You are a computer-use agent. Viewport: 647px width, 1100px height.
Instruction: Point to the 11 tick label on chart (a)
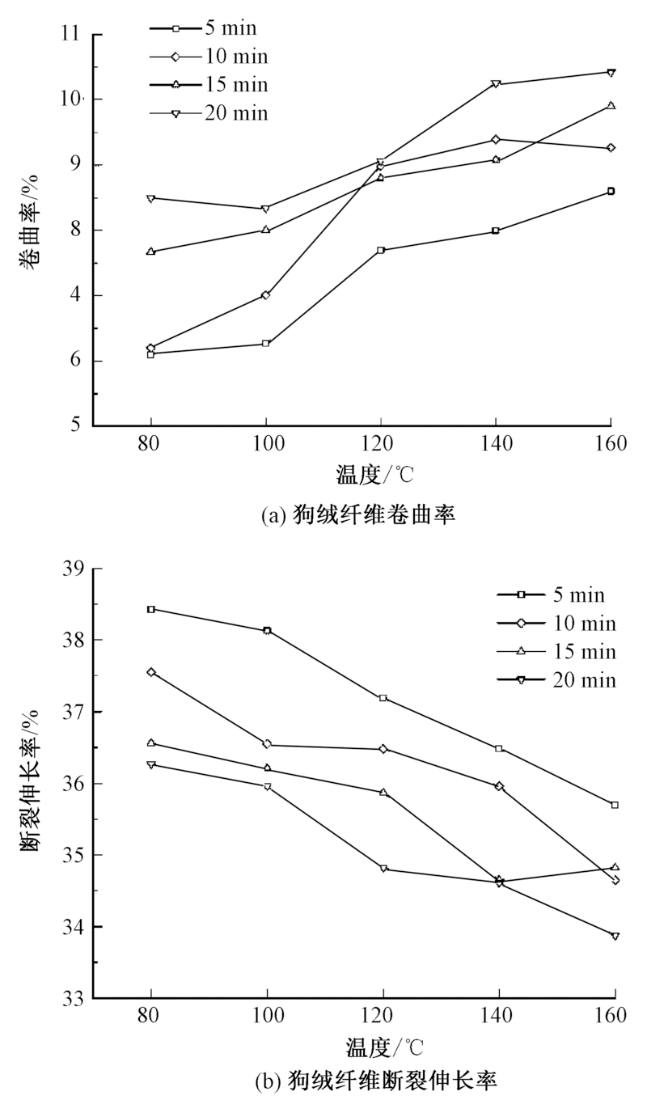click(x=70, y=35)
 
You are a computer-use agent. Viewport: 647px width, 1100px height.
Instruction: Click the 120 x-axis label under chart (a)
click(x=381, y=443)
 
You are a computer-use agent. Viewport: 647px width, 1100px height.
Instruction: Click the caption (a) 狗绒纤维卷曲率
click(x=357, y=514)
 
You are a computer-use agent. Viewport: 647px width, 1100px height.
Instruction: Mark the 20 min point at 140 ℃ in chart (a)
click(x=496, y=84)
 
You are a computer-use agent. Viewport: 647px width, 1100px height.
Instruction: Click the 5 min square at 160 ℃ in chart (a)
click(x=611, y=191)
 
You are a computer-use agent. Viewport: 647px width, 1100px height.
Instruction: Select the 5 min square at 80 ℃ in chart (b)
click(x=151, y=609)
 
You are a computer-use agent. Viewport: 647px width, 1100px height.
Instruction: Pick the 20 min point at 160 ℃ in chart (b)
click(x=615, y=936)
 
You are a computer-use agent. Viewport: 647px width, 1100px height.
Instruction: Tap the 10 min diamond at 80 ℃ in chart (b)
click(x=151, y=672)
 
